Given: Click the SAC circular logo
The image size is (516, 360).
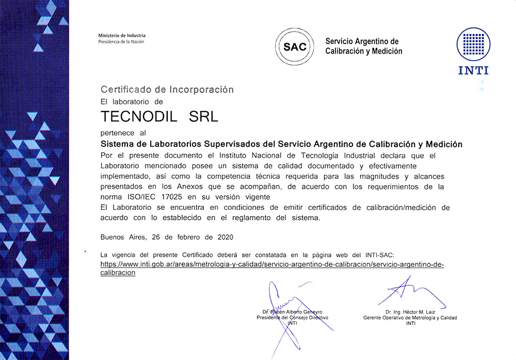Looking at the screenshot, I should [x=295, y=47].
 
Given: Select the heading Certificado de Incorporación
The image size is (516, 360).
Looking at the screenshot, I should [x=167, y=89].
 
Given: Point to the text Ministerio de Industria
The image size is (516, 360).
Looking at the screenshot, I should [x=122, y=35].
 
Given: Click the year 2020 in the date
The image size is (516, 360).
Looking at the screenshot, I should [x=225, y=237].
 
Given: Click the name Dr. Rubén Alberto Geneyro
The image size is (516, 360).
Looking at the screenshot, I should [x=292, y=312].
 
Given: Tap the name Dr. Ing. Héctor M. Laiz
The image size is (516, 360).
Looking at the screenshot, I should [x=410, y=312].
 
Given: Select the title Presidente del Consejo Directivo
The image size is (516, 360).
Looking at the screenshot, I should [x=292, y=318].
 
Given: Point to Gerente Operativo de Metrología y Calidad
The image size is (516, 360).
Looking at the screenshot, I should [x=410, y=318].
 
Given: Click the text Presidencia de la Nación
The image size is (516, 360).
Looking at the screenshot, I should [x=121, y=41].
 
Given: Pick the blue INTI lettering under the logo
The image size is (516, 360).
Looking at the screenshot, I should [x=473, y=71].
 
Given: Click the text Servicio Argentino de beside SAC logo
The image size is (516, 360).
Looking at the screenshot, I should [x=362, y=41].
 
